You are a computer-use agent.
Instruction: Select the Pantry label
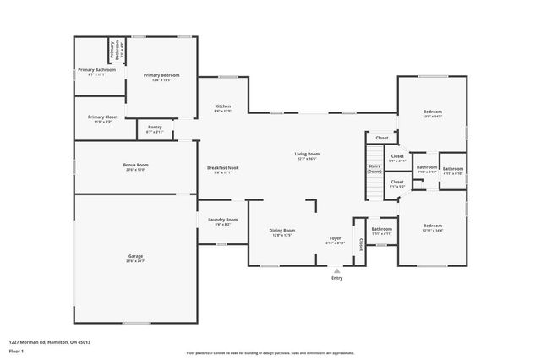(x=155, y=128)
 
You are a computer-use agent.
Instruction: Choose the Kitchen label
(x=222, y=106)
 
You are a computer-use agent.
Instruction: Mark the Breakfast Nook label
(x=223, y=168)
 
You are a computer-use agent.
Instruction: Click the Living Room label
(x=307, y=154)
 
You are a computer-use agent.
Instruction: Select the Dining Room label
(x=282, y=230)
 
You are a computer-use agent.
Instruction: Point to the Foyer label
(x=336, y=239)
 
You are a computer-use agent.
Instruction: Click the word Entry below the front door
(x=337, y=278)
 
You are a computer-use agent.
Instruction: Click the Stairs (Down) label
(x=374, y=168)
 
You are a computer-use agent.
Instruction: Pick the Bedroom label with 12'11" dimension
(x=433, y=226)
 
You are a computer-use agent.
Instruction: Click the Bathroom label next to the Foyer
(x=382, y=229)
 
